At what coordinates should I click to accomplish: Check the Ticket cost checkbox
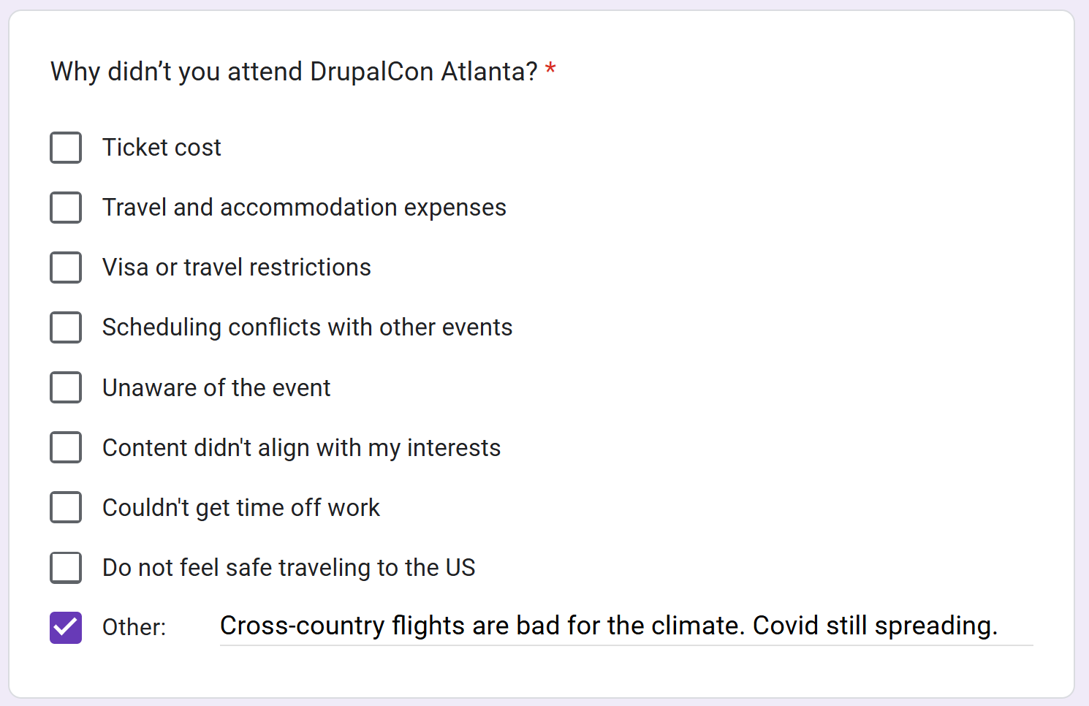[x=66, y=148]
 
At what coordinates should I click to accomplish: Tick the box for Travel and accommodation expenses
[x=66, y=208]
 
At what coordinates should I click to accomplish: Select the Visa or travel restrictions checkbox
[x=66, y=267]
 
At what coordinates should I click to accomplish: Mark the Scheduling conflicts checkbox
[x=66, y=327]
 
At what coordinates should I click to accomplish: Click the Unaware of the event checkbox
[x=66, y=387]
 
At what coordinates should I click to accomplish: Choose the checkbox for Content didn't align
[x=66, y=447]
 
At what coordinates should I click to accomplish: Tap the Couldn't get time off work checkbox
[x=66, y=507]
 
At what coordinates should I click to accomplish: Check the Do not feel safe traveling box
[x=66, y=567]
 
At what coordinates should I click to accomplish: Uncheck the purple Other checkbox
[x=66, y=627]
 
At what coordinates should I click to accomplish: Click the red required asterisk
[x=550, y=67]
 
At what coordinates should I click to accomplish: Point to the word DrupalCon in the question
[x=371, y=72]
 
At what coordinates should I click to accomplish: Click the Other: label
[x=134, y=627]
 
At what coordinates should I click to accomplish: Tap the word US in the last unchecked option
[x=460, y=567]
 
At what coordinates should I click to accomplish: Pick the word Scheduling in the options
[x=162, y=327]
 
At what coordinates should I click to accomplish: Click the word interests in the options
[x=454, y=448]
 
